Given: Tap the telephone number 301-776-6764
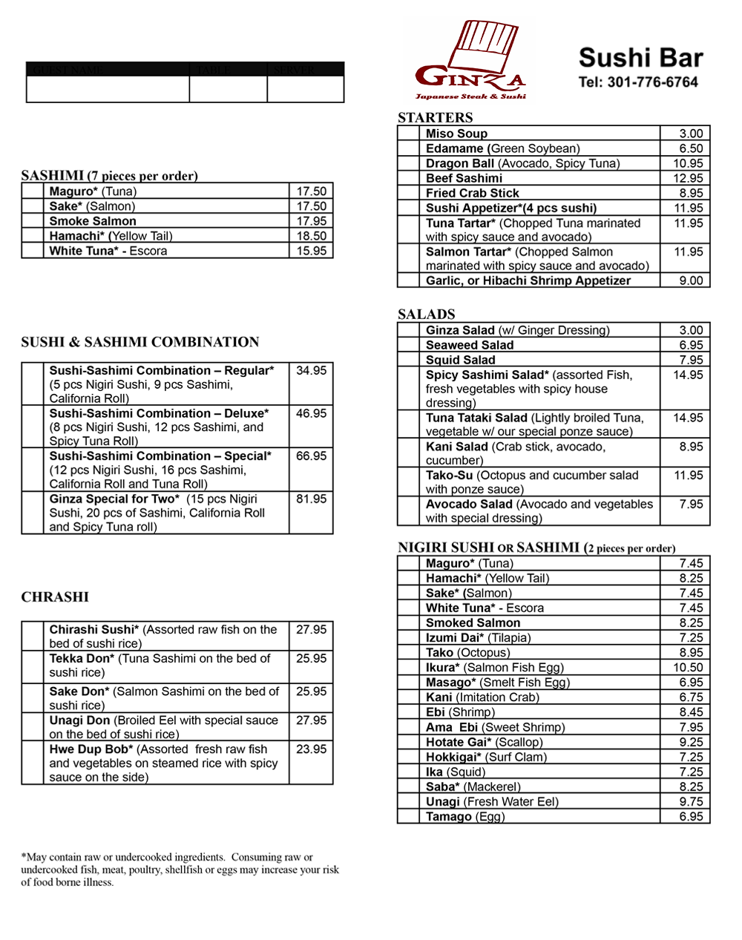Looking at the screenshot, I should click(x=638, y=82).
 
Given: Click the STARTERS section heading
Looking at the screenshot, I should click(x=435, y=117).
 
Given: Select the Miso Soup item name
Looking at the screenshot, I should click(x=456, y=134).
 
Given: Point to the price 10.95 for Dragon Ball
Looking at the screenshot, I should click(x=688, y=163).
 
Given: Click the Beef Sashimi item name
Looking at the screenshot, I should click(x=464, y=178).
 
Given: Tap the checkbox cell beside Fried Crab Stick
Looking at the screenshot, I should click(x=409, y=193).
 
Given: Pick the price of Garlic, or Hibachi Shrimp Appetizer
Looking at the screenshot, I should click(x=691, y=280).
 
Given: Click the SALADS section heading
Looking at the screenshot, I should click(x=426, y=314).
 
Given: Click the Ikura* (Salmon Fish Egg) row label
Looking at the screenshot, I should click(x=494, y=668).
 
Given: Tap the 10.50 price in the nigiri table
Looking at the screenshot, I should click(x=688, y=668).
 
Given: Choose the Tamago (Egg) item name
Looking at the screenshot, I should click(x=464, y=816).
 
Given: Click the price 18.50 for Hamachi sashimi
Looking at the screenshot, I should click(x=312, y=236).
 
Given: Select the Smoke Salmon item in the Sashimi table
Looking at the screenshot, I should click(x=93, y=221).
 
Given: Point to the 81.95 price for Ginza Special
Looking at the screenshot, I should click(x=311, y=499).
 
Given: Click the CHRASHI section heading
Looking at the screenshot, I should click(x=55, y=597).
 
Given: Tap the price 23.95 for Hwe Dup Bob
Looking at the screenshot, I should click(x=311, y=749).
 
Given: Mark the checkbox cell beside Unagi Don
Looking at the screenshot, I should click(x=33, y=727).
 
